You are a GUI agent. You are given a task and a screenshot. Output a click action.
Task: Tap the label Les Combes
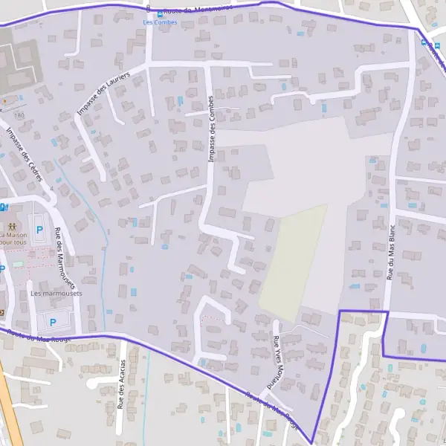157,22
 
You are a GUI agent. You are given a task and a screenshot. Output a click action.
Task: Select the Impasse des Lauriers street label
103,94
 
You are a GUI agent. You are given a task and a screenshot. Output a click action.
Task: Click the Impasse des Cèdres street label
24,155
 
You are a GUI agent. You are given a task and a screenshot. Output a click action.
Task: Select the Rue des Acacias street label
121,384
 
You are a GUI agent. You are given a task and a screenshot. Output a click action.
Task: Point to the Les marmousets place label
56,293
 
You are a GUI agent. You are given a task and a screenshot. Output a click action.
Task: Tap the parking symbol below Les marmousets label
52,320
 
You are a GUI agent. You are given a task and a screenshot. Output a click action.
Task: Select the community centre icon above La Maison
11,224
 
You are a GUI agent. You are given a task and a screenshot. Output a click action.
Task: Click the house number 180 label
19,116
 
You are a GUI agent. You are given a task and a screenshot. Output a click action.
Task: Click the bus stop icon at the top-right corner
424,42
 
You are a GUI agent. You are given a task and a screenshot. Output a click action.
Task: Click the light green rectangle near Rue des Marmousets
18,263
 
